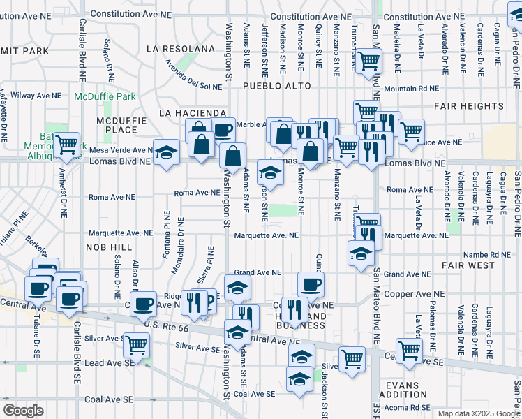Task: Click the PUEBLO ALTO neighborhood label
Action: point(274,85)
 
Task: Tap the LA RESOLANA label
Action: point(181,49)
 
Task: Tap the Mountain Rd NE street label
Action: point(412,89)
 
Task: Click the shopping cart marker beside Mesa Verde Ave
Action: point(67,145)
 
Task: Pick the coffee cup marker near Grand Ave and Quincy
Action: point(311,284)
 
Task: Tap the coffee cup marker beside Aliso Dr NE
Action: point(144,303)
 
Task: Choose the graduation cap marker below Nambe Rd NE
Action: point(360,253)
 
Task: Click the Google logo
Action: point(23,411)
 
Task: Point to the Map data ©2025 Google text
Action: point(478,413)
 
